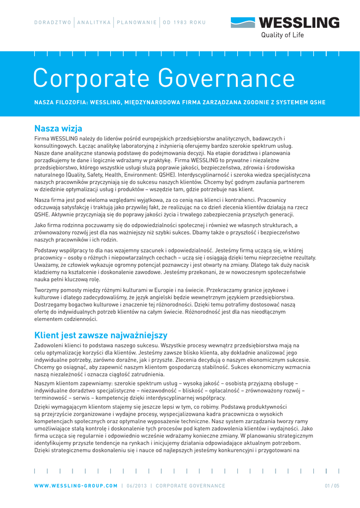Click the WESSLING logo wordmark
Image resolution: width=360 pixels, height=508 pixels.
(x=299, y=22)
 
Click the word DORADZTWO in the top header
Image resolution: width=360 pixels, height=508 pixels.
(x=52, y=22)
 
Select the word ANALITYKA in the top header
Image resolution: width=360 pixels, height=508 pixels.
(x=94, y=22)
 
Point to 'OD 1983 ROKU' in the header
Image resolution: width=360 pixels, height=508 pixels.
(x=184, y=22)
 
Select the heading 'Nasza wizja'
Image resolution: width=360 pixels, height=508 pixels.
(x=58, y=129)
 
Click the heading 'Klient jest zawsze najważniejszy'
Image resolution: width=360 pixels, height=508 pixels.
(x=101, y=335)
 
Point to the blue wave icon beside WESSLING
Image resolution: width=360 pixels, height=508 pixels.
(x=243, y=22)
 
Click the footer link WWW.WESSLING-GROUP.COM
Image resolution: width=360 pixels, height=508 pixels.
(x=76, y=486)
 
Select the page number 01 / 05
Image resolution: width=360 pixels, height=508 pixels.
(x=332, y=486)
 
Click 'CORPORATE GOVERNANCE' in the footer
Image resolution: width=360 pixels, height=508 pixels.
(x=190, y=486)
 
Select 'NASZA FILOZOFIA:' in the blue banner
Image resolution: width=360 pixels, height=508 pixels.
(x=61, y=102)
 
